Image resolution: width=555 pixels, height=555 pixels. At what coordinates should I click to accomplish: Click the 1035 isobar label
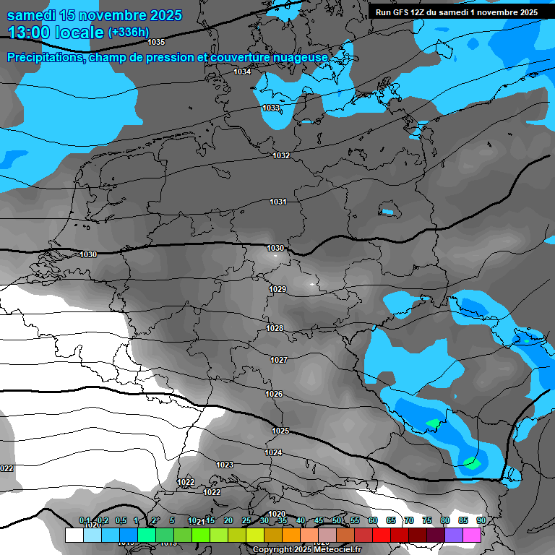click(155, 42)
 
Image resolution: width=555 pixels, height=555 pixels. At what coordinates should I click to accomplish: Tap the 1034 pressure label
click(242, 72)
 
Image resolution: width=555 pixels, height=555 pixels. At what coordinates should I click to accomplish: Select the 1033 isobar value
click(271, 108)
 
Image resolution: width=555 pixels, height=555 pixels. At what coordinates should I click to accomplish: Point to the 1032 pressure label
click(281, 155)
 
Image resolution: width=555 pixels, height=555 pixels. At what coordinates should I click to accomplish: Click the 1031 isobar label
click(278, 202)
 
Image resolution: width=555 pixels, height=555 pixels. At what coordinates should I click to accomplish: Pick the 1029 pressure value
click(277, 289)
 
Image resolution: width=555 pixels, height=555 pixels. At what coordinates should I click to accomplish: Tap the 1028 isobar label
click(275, 328)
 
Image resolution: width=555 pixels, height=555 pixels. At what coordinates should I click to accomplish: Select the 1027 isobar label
click(279, 360)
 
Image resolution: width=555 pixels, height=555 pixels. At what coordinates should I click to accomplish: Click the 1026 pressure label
click(274, 394)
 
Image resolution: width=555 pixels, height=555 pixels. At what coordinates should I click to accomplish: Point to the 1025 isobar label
click(280, 431)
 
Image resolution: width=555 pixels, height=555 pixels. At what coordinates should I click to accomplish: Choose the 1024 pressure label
click(272, 452)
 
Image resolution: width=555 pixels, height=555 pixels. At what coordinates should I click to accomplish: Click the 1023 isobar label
click(225, 465)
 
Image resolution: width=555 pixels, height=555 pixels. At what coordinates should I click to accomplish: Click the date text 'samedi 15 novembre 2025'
click(95, 15)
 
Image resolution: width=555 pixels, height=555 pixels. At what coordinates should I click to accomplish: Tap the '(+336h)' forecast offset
click(128, 32)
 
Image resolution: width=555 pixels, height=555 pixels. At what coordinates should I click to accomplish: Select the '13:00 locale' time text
click(56, 33)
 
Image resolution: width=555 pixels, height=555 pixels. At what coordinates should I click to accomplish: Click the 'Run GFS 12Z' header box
click(456, 12)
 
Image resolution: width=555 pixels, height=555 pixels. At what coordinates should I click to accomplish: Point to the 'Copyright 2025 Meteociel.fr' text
click(306, 549)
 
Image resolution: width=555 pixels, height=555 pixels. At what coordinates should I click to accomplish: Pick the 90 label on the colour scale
click(481, 520)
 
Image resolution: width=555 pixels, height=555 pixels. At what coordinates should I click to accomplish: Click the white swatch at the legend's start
click(74, 535)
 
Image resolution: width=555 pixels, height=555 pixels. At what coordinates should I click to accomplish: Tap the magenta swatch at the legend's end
click(472, 535)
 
